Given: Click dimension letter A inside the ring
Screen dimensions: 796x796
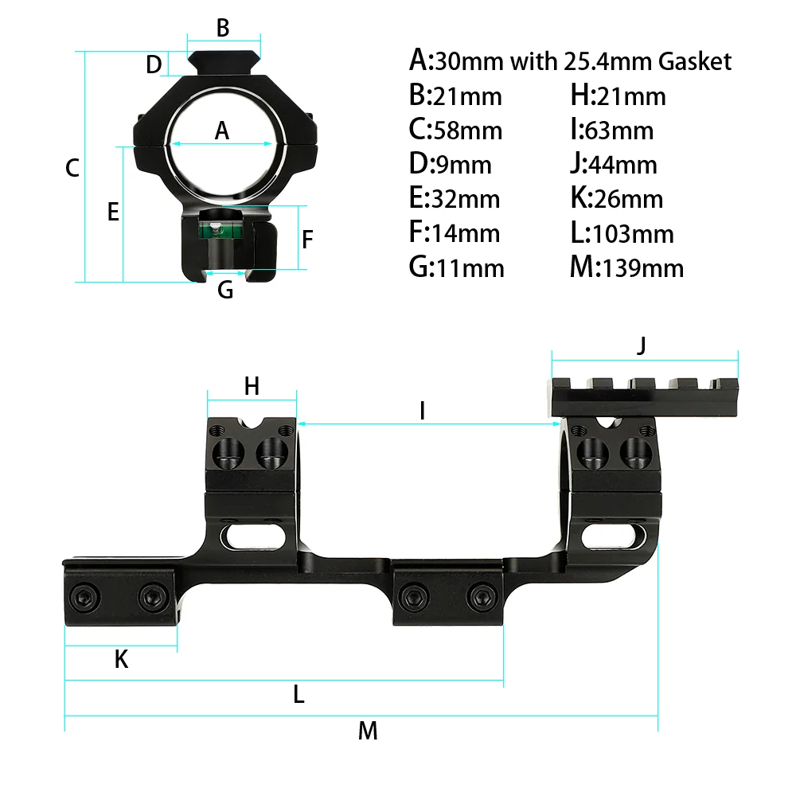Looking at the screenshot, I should click(x=222, y=131).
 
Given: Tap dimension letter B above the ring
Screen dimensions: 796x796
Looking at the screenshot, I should click(x=223, y=28).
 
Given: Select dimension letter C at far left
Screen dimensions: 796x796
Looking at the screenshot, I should click(x=72, y=168).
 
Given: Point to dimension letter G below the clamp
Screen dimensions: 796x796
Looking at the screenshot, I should click(x=225, y=290).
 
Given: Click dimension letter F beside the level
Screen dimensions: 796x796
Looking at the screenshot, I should click(x=308, y=238).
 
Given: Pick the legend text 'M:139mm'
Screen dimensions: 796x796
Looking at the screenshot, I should click(x=626, y=267).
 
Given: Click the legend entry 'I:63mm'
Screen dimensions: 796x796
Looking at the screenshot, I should click(x=611, y=130).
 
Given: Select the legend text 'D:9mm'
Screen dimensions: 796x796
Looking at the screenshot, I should click(x=450, y=164).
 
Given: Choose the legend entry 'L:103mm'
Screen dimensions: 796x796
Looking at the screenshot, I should click(x=622, y=233).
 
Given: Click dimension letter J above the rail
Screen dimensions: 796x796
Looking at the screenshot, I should click(x=642, y=345).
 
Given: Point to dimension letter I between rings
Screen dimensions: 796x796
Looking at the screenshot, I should click(x=423, y=411).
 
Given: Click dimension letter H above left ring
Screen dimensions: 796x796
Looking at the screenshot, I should click(x=252, y=386).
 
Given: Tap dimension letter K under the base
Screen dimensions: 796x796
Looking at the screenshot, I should click(x=121, y=658).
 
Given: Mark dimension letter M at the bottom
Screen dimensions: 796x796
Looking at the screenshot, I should click(x=367, y=730).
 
